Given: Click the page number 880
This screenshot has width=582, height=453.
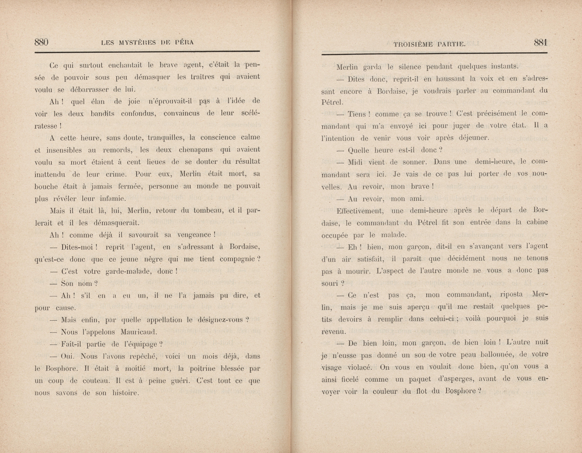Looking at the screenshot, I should (x=41, y=42).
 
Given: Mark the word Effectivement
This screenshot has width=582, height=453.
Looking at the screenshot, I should (x=360, y=211).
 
